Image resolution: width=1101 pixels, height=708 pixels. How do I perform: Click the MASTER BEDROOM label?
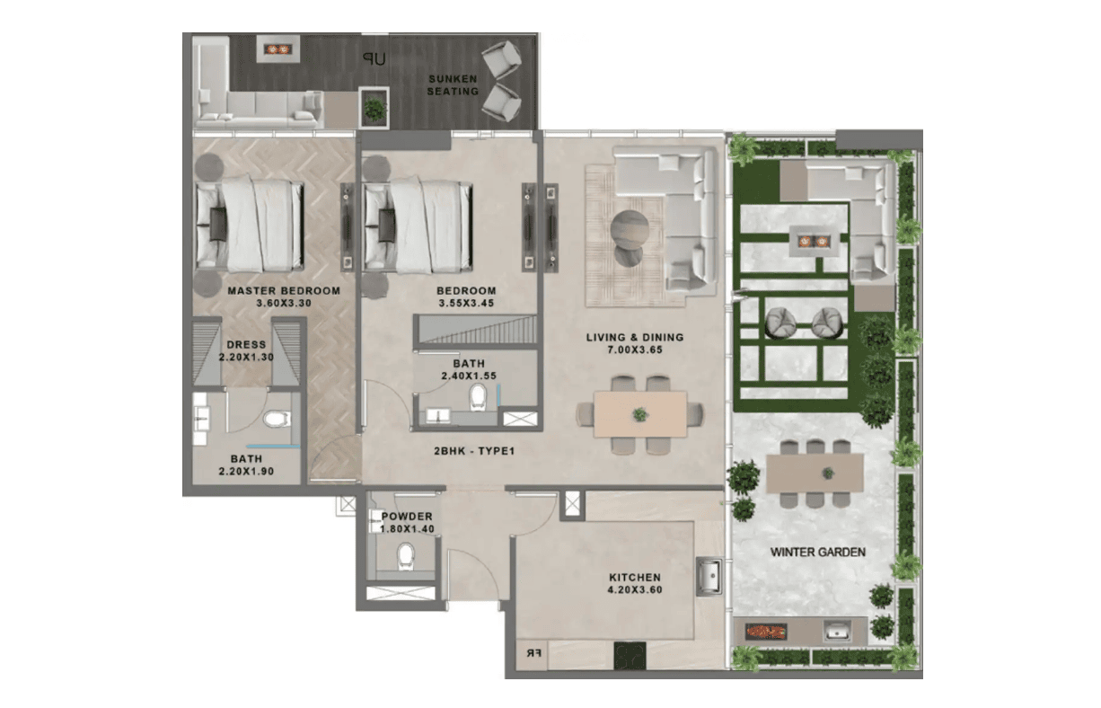284,290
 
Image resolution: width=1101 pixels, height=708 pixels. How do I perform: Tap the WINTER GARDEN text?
818,553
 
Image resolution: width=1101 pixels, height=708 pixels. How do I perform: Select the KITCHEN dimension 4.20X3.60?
635,589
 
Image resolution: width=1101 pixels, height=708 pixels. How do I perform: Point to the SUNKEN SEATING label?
453,85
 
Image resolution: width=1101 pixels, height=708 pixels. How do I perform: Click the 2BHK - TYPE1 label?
474,451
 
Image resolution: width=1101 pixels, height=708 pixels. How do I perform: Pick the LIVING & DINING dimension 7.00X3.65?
635,350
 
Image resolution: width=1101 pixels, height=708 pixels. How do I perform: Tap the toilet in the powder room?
406,556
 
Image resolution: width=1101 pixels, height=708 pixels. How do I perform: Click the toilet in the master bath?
277,420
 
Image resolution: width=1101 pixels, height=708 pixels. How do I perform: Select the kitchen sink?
709,576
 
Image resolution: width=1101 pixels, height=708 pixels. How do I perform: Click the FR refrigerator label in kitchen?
533,653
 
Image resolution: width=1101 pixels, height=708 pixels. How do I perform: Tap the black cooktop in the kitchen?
630,655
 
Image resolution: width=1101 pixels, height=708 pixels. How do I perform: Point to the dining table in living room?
640,414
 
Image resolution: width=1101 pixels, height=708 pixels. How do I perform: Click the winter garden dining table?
815,473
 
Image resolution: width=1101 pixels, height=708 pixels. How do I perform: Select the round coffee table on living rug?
630,230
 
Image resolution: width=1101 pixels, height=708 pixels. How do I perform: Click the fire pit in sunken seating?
277,49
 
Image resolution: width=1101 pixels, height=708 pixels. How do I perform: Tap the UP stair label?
374,59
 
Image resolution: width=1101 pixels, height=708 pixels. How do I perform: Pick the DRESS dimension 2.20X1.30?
246,357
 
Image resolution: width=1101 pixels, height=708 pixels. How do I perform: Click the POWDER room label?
407,517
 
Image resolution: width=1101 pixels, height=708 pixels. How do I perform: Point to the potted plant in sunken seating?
374,109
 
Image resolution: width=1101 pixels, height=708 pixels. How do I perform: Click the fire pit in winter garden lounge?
813,242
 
